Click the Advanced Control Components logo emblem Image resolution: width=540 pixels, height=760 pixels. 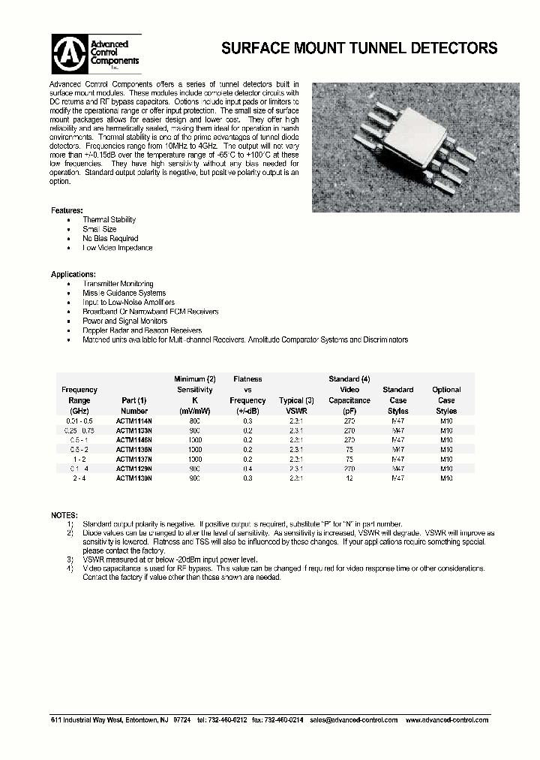pos(69,52)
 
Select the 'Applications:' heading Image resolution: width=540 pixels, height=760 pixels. pos(73,274)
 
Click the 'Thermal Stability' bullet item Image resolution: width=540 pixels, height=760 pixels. pos(109,219)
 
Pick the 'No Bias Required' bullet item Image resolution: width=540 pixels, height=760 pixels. pos(110,238)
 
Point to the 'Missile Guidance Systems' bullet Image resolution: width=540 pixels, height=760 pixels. pos(124,293)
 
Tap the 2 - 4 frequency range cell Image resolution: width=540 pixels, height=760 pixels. pos(79,478)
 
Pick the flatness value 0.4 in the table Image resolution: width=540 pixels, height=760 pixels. pos(247,468)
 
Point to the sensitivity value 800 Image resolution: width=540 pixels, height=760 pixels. pos(195,421)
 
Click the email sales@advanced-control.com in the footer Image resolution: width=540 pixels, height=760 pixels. pos(353,719)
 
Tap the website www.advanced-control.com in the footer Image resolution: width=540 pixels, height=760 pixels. pos(447,719)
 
